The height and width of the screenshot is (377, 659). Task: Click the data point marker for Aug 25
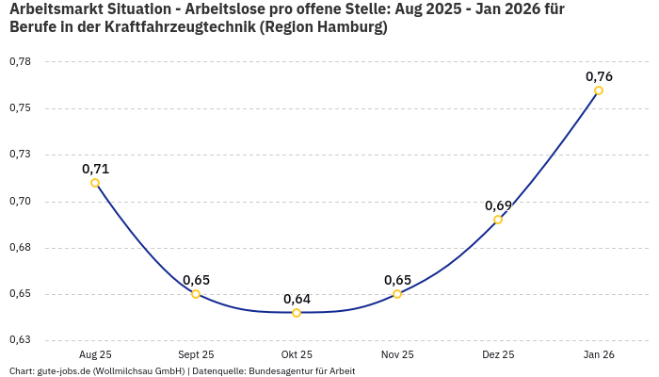point(95,183)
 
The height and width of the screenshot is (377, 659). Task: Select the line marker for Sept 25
point(196,294)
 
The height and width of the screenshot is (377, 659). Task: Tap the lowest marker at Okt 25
point(297,313)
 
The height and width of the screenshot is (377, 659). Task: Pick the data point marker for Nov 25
point(397,294)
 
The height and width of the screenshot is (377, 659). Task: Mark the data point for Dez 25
point(498,220)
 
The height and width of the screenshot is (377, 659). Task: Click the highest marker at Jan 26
point(599,90)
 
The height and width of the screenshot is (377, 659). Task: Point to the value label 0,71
point(95,169)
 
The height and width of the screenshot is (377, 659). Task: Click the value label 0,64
point(297,299)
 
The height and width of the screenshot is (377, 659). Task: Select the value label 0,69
point(498,205)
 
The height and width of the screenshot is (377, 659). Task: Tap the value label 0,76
point(599,76)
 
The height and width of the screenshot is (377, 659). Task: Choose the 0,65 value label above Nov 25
point(397,280)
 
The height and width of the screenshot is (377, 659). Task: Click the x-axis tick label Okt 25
point(297,354)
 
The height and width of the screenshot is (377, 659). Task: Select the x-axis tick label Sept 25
point(196,354)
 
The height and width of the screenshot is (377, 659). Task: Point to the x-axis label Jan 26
point(599,354)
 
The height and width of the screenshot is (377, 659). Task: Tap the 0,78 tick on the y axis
point(20,62)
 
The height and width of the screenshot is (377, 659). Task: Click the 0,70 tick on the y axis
point(20,202)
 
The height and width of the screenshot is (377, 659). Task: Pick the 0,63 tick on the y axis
point(20,340)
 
